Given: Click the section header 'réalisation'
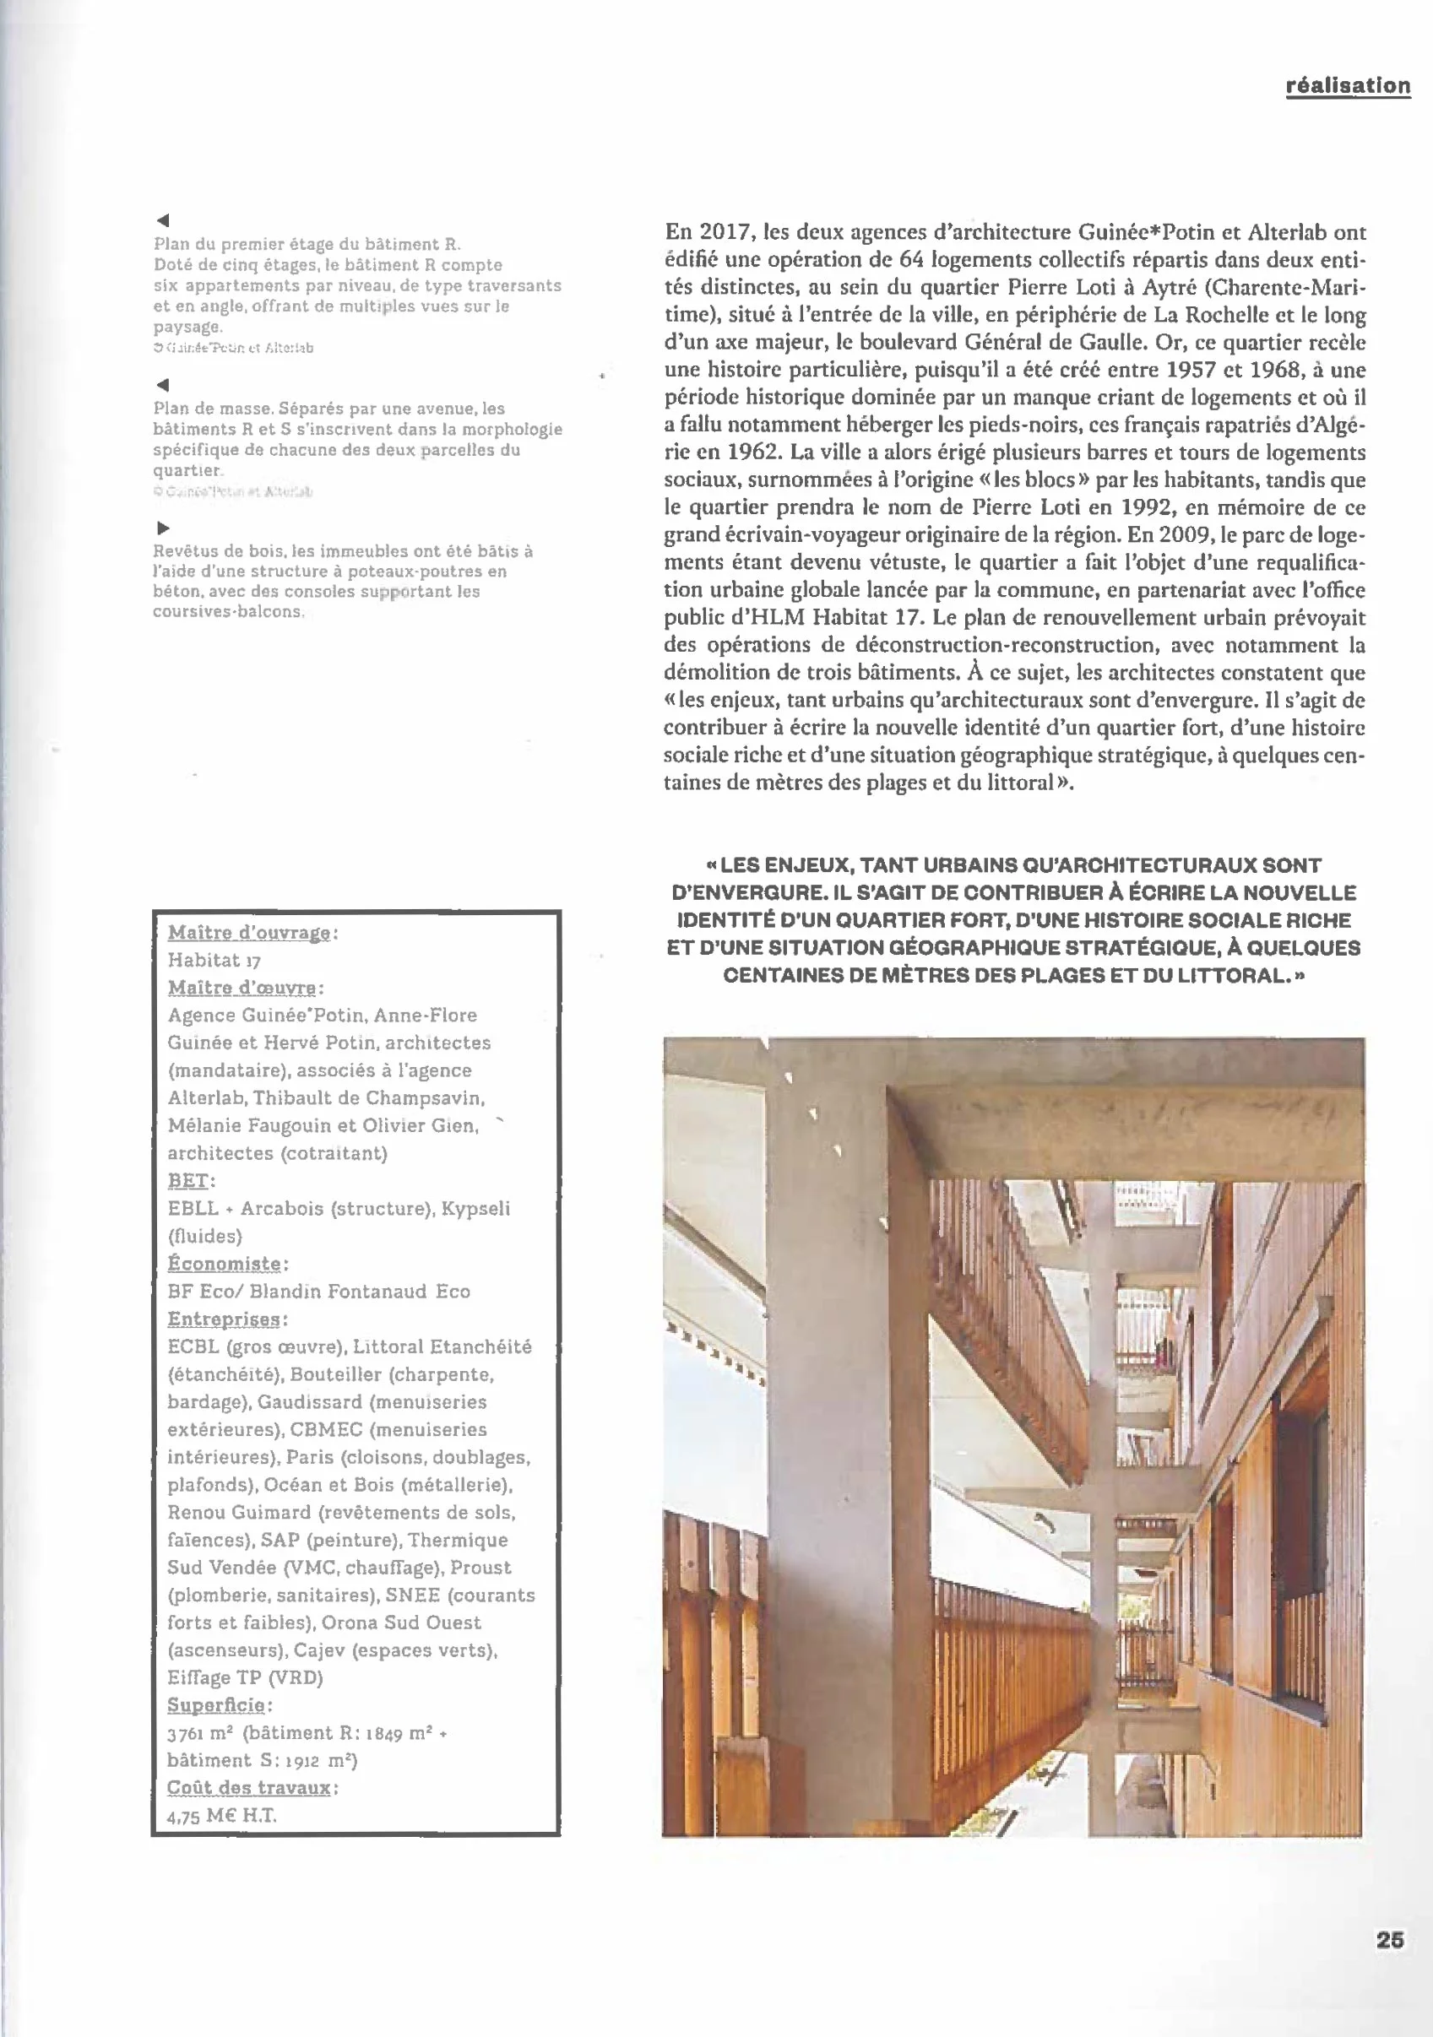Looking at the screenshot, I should [1348, 86].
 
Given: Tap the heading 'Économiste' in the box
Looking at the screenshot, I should [225, 1264].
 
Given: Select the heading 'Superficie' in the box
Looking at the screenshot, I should [216, 1705].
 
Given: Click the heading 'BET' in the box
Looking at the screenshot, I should [188, 1181].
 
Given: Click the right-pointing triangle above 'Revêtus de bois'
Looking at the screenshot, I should [163, 528].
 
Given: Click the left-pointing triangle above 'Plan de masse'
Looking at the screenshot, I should [162, 385].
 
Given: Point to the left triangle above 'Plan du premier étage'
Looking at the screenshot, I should [162, 220].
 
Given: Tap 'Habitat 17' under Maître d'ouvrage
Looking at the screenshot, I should [214, 960].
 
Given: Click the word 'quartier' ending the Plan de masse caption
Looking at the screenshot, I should [186, 470].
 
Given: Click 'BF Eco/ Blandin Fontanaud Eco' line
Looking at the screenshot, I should [318, 1292].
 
